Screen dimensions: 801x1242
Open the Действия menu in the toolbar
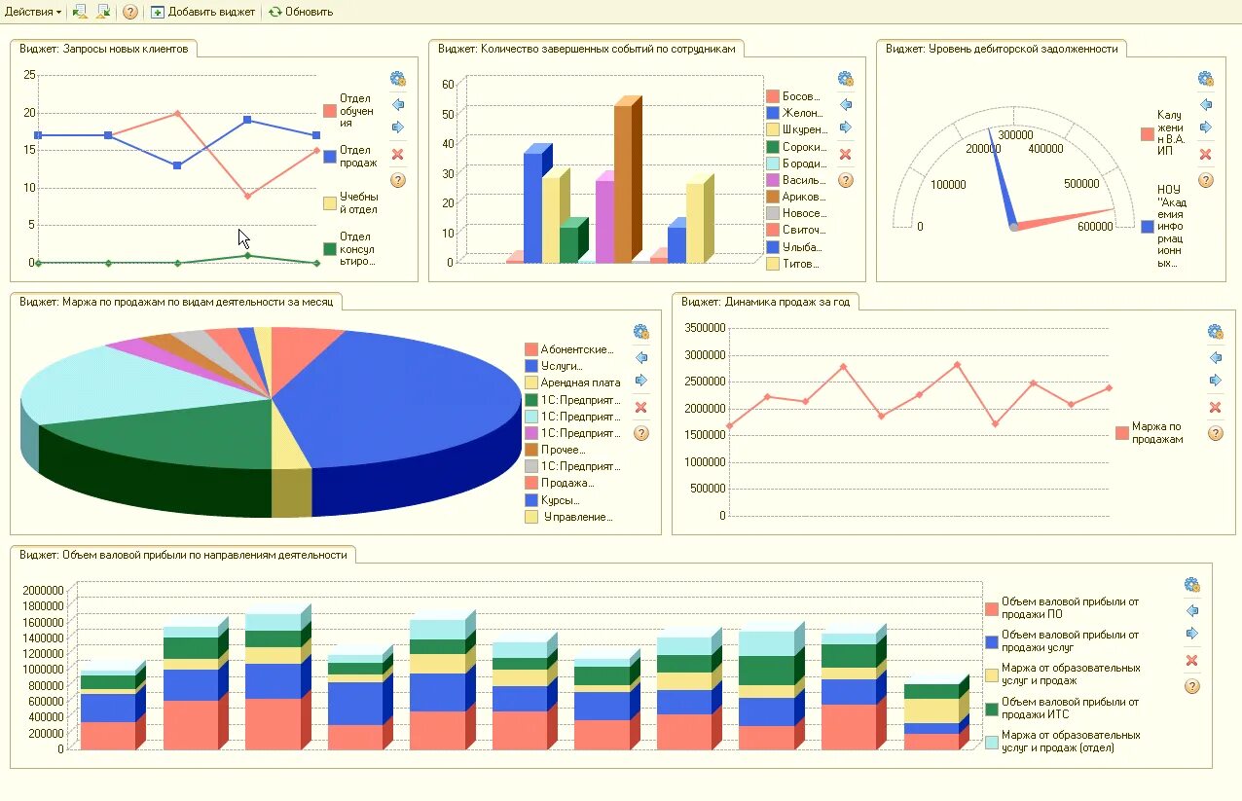pos(32,12)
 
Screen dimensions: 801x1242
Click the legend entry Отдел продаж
pos(357,156)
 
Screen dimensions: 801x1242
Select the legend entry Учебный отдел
pos(357,203)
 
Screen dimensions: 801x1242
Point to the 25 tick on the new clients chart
pos(29,75)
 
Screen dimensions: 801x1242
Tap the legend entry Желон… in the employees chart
pos(803,113)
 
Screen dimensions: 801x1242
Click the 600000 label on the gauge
pos(1095,227)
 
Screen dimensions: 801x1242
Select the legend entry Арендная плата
pos(580,382)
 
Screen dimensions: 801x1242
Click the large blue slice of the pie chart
pos(409,399)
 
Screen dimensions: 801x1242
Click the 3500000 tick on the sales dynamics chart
pos(706,328)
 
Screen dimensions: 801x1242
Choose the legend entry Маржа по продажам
pos(1156,433)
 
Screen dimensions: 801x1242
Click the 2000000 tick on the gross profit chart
pos(42,590)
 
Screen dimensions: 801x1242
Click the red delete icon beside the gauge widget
pos(1205,154)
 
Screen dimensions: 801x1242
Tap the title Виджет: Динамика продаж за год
pos(765,302)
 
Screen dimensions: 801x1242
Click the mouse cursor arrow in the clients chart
pos(243,238)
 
